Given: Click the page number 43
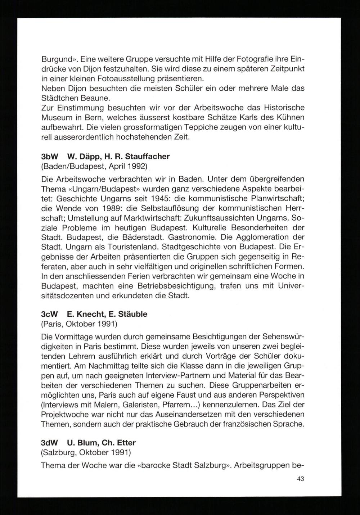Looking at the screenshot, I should point(301,479).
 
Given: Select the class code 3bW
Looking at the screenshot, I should point(49,157).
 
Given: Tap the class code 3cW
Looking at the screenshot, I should point(49,314).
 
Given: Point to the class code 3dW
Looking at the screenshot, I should point(49,442).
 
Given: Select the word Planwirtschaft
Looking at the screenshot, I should point(262,199).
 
